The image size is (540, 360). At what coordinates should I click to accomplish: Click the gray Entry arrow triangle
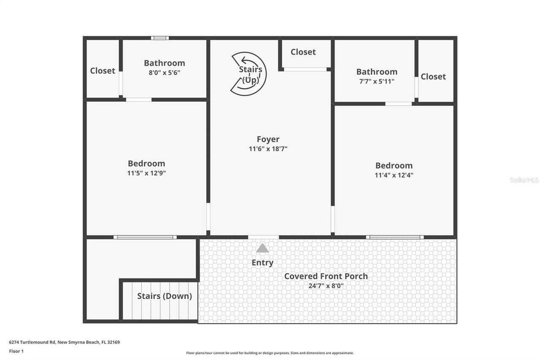coord(262,248)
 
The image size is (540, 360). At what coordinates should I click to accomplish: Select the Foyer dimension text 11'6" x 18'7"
coord(268,149)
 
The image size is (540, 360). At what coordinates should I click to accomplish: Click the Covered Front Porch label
coord(326,276)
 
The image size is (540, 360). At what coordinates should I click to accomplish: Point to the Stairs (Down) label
coord(165,296)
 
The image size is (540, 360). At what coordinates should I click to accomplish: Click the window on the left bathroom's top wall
coord(160,38)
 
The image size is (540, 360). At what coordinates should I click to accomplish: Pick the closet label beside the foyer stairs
coord(303,52)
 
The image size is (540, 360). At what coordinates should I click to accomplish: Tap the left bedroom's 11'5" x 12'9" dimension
coord(146,173)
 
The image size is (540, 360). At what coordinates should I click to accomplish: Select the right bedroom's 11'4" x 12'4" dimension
coord(394,175)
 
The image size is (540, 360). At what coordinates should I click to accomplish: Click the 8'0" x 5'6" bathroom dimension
coord(165,73)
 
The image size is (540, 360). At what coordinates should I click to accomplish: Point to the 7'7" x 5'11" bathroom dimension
coord(377,81)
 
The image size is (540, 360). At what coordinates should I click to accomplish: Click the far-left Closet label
coord(103,70)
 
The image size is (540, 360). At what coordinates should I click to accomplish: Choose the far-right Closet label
coord(433,76)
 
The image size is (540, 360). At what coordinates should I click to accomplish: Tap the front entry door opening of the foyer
coord(264,237)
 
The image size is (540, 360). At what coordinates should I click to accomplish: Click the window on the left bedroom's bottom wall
coord(145,237)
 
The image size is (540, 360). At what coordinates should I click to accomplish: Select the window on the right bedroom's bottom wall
coord(394,237)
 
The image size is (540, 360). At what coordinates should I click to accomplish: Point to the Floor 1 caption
coord(16,351)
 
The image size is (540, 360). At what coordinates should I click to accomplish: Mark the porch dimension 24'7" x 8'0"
coord(326,286)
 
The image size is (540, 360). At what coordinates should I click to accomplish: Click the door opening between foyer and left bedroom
coord(208,217)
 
